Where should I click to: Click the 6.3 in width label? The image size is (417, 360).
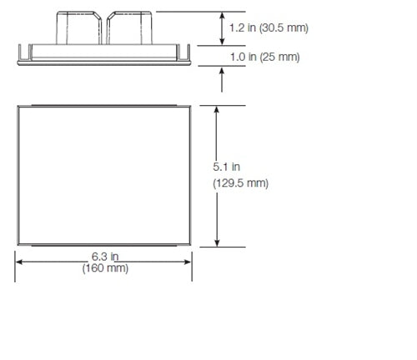coord(104,257)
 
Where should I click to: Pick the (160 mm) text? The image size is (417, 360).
coord(104,269)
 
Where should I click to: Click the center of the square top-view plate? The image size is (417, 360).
coord(104,176)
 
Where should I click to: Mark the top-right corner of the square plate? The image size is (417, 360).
coord(192,106)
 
